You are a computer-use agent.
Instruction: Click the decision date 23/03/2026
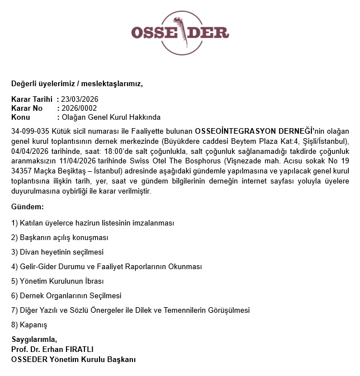pyautogui.click(x=80, y=100)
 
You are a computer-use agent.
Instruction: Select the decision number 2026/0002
pyautogui.click(x=79, y=109)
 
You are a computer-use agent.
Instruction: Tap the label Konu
pyautogui.click(x=21, y=117)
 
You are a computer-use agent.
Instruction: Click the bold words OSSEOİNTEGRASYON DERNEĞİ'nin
pyautogui.click(x=257, y=131)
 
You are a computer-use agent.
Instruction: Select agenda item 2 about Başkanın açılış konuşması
pyautogui.click(x=60, y=237)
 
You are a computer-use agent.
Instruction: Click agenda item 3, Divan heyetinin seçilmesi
pyautogui.click(x=57, y=252)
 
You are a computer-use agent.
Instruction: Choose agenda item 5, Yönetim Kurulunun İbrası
pyautogui.click(x=58, y=281)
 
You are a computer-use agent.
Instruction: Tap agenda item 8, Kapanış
pyautogui.click(x=29, y=325)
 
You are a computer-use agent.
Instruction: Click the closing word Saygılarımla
pyautogui.click(x=34, y=340)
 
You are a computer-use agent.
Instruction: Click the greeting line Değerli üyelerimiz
pyautogui.click(x=44, y=84)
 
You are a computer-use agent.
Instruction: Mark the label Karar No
pyautogui.click(x=27, y=109)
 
